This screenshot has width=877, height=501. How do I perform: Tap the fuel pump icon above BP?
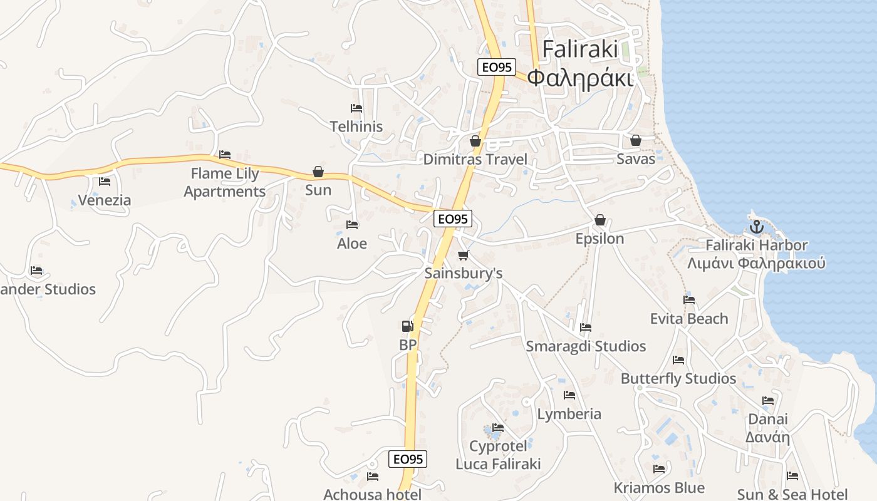(407, 326)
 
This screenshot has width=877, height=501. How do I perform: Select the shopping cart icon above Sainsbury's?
(464, 255)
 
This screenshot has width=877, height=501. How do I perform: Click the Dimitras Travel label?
(475, 159)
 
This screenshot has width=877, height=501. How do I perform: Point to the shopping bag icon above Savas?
(636, 140)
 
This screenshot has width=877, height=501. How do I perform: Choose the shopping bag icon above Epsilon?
(600, 220)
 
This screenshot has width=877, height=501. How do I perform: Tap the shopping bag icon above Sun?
(318, 172)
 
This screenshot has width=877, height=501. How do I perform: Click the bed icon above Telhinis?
(356, 108)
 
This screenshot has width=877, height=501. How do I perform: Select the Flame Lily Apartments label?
(225, 182)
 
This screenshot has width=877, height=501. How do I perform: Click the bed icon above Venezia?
(105, 182)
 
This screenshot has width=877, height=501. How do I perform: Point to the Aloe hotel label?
(352, 243)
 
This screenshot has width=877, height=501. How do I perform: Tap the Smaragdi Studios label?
(586, 346)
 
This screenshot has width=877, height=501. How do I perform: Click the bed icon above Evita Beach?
(689, 300)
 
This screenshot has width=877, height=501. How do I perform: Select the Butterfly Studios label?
(678, 378)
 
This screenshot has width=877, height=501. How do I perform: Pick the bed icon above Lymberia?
(569, 395)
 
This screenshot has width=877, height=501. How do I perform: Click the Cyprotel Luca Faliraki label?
(498, 455)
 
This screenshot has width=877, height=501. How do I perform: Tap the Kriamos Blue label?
(659, 487)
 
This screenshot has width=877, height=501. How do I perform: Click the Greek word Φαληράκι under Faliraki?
(580, 78)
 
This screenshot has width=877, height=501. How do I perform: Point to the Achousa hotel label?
(372, 494)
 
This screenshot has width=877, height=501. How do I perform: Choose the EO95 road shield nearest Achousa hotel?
(408, 459)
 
